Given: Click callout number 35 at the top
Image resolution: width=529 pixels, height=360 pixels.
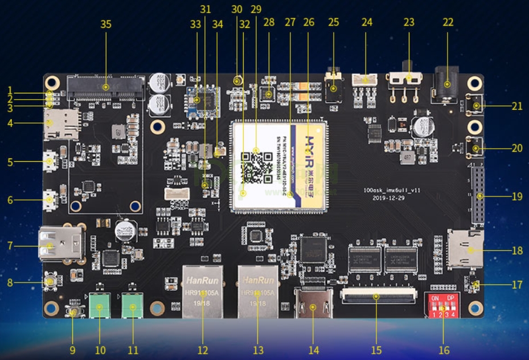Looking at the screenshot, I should click(x=106, y=24).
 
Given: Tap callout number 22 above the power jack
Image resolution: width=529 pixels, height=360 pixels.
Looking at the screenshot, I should click(x=448, y=22).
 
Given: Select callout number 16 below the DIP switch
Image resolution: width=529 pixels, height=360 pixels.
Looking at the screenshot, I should click(x=444, y=350).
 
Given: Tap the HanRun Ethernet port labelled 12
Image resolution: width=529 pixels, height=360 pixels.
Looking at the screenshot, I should click(x=203, y=291).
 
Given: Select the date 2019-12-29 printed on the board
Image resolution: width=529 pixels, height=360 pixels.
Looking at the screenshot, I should click(x=387, y=198).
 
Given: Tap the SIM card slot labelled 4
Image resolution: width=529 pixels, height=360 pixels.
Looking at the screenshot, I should click(x=61, y=124).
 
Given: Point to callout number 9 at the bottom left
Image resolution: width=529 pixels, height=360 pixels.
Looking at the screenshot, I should click(x=72, y=350).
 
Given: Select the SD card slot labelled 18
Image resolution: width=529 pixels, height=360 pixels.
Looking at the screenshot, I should click(x=466, y=248).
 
